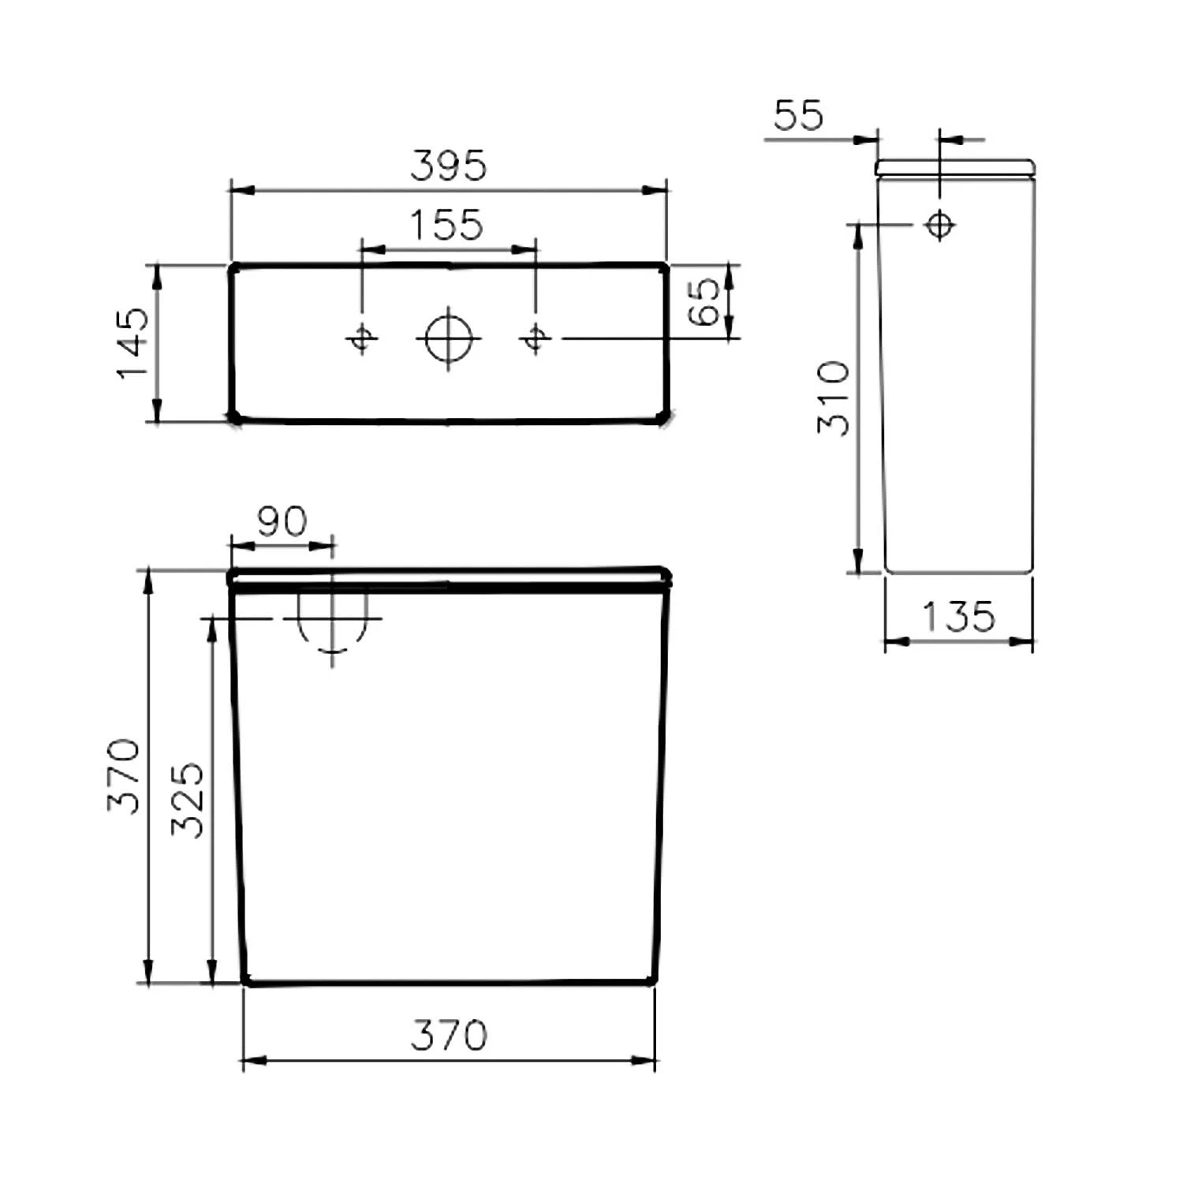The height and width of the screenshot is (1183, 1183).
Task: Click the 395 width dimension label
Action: [449, 166]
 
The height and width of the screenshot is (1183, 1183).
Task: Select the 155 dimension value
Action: [446, 225]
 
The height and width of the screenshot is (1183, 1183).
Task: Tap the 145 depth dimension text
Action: [132, 342]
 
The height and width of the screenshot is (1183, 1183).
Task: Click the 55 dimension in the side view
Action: [798, 115]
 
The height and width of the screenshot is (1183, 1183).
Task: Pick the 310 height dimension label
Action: [834, 398]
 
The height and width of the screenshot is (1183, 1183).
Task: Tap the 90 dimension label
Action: [282, 521]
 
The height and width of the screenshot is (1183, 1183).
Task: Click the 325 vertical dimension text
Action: [188, 800]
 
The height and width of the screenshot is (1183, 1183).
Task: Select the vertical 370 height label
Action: [124, 776]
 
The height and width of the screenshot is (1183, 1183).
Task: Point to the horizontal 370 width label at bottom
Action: [449, 1035]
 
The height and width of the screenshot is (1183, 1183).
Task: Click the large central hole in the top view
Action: [448, 338]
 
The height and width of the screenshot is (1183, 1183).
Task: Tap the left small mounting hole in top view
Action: [362, 338]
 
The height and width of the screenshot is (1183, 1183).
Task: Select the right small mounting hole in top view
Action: [535, 338]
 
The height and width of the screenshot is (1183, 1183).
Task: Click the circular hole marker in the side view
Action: [939, 226]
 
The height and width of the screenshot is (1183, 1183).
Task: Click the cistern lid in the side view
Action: [955, 167]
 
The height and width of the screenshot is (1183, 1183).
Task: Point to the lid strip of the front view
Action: [450, 577]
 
